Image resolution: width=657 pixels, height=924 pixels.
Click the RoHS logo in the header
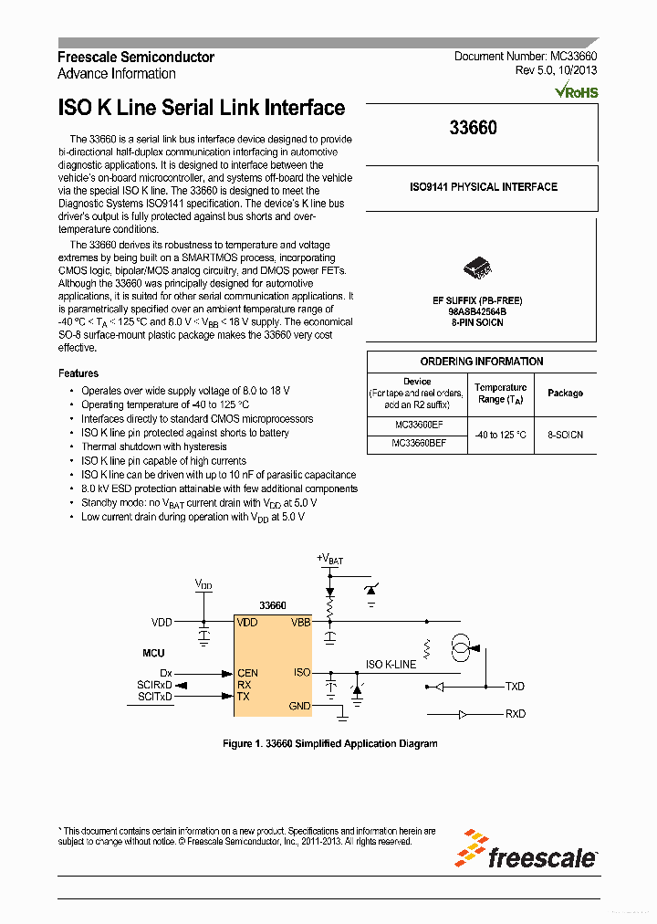(576, 91)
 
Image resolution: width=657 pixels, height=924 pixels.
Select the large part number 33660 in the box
(473, 129)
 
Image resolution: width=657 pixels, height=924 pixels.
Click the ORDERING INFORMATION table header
(481, 362)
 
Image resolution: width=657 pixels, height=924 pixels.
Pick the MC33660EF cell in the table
(418, 425)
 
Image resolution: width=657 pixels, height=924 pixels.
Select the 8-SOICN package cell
(565, 435)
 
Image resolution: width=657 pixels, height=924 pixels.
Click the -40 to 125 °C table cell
(500, 435)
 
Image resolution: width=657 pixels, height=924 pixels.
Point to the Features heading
(78, 373)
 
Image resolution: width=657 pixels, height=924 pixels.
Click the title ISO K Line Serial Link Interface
(202, 108)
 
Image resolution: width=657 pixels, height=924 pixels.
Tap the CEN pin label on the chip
(247, 673)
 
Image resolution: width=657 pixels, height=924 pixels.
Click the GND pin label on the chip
(299, 706)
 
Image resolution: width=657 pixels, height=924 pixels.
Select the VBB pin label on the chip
(300, 622)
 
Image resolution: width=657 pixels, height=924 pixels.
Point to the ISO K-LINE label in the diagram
(391, 664)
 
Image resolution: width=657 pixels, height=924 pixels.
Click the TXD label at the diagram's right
(515, 686)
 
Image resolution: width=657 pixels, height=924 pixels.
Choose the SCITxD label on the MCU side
(155, 697)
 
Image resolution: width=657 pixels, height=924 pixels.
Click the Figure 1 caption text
(329, 743)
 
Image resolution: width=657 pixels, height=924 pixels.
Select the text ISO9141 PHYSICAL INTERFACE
(483, 187)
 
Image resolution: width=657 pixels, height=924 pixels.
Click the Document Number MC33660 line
(526, 57)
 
